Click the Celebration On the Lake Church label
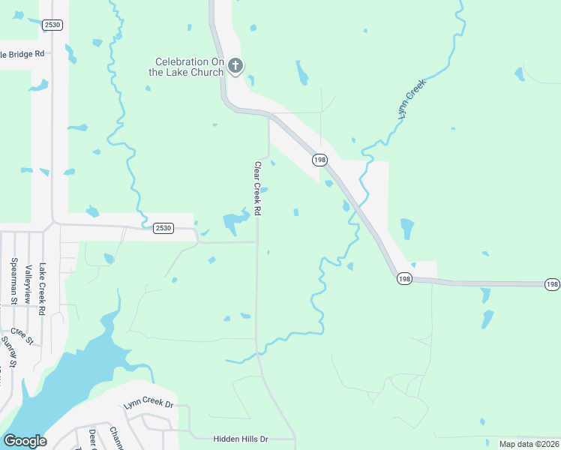[189, 67]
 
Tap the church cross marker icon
[235, 67]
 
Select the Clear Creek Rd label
[257, 189]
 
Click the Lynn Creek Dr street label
[148, 405]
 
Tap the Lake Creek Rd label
[43, 288]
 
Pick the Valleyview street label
[28, 283]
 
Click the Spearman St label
[13, 281]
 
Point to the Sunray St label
[9, 348]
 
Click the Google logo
[25, 441]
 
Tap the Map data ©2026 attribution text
[529, 444]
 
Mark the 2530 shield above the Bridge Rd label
[52, 25]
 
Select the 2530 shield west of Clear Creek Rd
[163, 228]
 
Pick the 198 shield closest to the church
[320, 160]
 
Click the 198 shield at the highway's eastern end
[552, 284]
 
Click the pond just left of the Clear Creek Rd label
[235, 220]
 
